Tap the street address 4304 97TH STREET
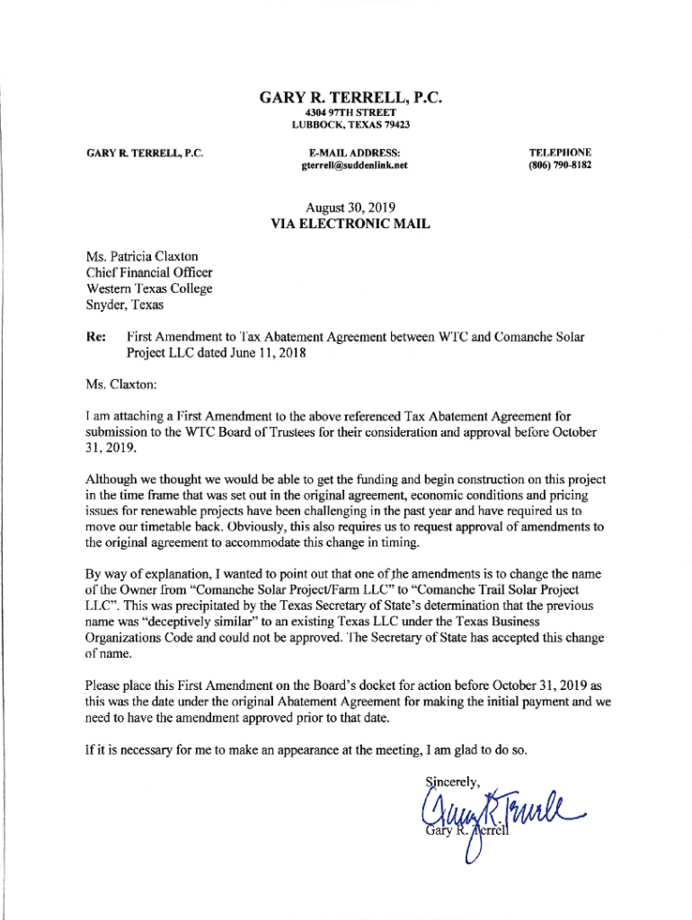[350, 112]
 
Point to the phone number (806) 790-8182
[560, 166]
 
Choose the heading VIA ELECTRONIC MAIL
[350, 225]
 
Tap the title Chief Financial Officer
[149, 273]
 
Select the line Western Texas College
[149, 288]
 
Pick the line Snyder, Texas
[125, 305]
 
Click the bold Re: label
[96, 338]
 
